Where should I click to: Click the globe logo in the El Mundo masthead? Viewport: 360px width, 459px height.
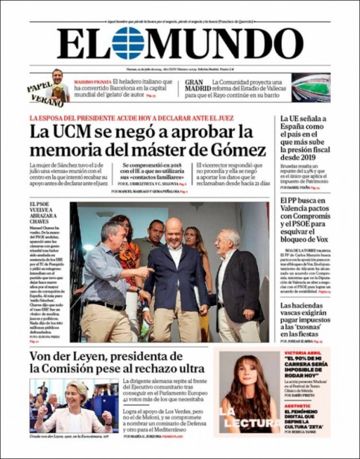coord(128,43)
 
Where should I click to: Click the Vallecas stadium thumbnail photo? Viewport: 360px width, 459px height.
coord(311,87)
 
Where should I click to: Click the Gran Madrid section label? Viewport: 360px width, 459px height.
coord(196,87)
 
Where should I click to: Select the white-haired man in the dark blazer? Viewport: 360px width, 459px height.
coord(234,275)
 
